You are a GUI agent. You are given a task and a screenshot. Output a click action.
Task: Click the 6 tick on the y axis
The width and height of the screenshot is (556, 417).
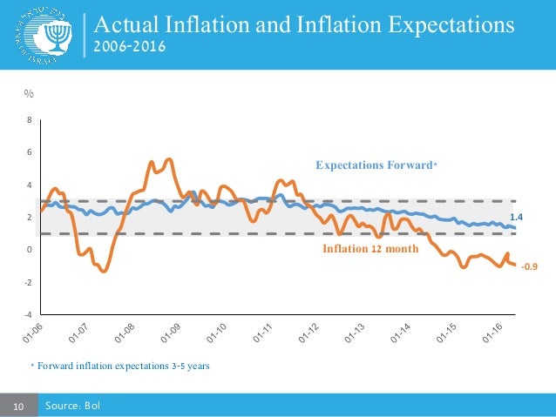coord(32,152)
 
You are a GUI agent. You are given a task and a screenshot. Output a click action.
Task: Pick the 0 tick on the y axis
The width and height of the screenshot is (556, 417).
coord(32,250)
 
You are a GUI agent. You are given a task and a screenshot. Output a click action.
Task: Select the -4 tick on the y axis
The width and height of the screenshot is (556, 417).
coord(31,314)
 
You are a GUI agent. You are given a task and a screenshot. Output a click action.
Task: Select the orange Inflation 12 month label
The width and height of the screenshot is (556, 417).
coord(371,249)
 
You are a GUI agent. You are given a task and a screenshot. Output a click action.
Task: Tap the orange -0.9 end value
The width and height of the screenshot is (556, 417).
coord(529,268)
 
